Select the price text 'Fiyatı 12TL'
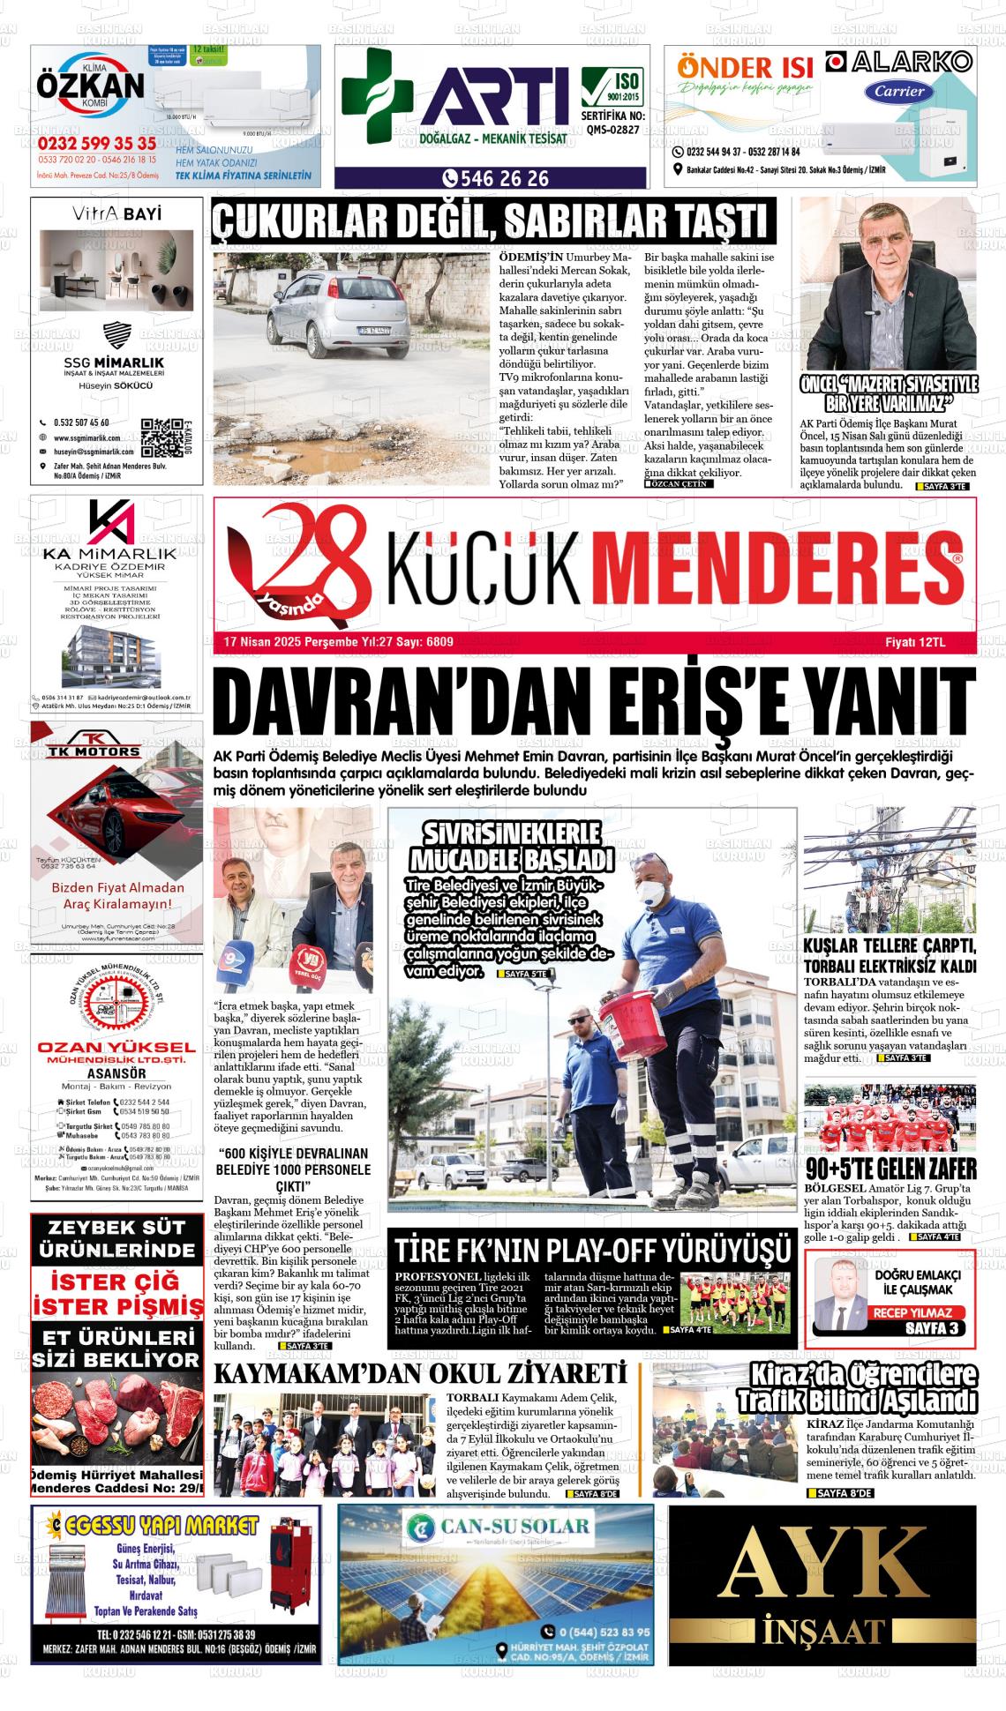pyautogui.click(x=915, y=643)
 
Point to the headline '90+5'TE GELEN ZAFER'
pyautogui.click(x=890, y=1169)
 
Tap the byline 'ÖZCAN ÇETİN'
pyautogui.click(x=678, y=484)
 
